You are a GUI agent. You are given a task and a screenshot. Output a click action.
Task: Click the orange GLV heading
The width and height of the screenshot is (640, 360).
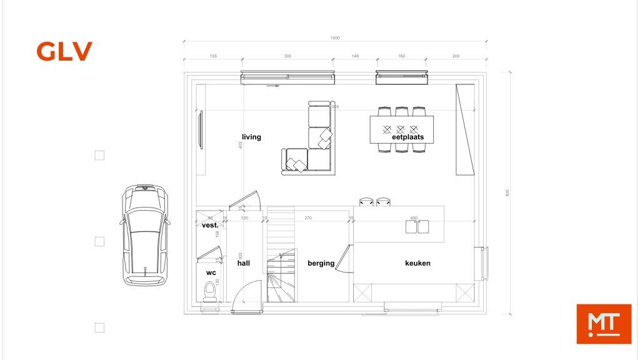point(64,51)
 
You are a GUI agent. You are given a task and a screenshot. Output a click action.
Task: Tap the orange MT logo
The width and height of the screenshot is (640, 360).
point(603,323)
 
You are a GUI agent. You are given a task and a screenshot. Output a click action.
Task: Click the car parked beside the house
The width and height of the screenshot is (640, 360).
point(145,235)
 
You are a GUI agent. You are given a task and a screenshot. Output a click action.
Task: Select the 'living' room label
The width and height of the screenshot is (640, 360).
point(251,137)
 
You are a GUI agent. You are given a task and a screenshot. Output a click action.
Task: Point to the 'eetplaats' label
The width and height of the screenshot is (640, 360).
point(407,137)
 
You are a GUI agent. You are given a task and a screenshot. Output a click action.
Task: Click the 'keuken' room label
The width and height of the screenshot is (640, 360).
point(417,263)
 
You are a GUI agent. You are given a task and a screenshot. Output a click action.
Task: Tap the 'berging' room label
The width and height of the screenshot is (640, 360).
point(321,263)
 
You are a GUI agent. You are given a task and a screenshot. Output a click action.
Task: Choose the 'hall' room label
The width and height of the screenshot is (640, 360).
point(243,263)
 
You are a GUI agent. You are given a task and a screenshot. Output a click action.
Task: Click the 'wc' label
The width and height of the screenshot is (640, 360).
point(211,272)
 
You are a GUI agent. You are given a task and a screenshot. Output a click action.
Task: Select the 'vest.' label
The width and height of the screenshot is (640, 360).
point(210,225)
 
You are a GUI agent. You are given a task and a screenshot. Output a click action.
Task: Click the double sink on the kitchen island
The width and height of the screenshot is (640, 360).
point(417,226)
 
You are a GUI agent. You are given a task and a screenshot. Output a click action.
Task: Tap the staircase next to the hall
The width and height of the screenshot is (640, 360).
point(280,256)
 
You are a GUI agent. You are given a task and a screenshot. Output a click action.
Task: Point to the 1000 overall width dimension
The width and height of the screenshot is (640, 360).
point(335,38)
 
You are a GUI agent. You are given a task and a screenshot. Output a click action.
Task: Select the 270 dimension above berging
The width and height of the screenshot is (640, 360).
point(307,218)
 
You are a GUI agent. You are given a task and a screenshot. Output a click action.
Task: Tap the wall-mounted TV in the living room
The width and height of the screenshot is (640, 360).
point(200,130)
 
